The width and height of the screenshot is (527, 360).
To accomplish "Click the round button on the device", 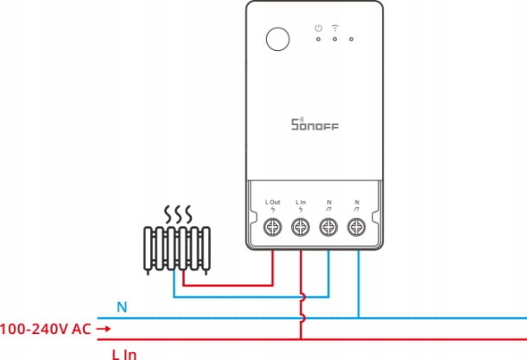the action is click(277, 40).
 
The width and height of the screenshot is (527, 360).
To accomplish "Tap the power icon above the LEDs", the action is click(318, 28).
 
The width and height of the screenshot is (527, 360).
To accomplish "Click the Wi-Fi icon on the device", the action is click(334, 28).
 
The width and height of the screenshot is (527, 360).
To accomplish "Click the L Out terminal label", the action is click(273, 202).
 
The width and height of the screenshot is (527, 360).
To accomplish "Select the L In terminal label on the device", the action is click(301, 202).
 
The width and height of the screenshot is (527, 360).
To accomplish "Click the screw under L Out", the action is click(273, 227).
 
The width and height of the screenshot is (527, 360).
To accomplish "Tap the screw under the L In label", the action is click(301, 227).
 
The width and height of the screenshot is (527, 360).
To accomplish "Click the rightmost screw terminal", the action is click(357, 227).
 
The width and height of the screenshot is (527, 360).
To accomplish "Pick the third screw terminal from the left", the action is click(328, 227).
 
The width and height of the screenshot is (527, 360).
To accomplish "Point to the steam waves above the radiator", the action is click(178, 214).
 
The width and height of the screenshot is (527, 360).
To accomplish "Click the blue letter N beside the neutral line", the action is click(122, 307).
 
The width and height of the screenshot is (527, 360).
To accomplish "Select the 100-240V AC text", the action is click(46, 329).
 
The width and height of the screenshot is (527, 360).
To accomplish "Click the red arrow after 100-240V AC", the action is click(104, 329).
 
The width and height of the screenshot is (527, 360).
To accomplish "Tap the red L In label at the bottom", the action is click(124, 355).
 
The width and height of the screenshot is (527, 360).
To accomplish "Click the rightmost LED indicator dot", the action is click(352, 40).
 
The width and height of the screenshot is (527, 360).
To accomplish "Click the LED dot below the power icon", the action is click(318, 40).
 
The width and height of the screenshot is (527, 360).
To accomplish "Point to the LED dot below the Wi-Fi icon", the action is click(334, 40).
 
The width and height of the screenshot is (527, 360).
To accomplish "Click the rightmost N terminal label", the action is click(357, 202).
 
